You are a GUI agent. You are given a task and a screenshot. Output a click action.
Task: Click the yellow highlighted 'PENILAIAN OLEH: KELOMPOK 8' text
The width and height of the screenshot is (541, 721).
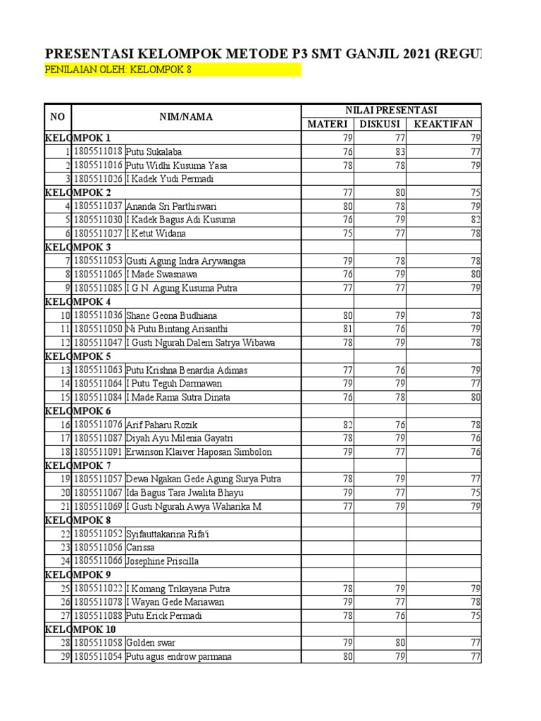[118, 70]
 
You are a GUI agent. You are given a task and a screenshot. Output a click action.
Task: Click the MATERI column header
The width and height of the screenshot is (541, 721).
[328, 125]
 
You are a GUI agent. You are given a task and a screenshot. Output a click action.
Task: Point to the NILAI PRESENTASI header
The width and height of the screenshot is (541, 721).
[391, 111]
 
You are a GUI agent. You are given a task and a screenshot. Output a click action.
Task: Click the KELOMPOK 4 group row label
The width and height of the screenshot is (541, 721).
[78, 302]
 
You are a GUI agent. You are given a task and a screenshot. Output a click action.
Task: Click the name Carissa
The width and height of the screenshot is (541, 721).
[141, 548]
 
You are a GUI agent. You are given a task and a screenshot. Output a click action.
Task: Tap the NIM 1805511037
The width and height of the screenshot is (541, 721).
[98, 206]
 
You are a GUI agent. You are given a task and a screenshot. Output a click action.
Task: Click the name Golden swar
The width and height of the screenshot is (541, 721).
[151, 644]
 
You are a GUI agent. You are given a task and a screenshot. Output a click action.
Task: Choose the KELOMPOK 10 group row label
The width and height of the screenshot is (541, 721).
[81, 629]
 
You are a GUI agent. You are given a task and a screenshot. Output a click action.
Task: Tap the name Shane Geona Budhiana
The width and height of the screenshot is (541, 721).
[170, 315]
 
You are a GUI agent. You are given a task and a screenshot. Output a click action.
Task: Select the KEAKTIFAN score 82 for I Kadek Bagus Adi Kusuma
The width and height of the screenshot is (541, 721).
[475, 220]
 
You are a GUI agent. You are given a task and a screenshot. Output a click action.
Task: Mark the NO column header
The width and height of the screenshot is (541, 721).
[57, 118]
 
